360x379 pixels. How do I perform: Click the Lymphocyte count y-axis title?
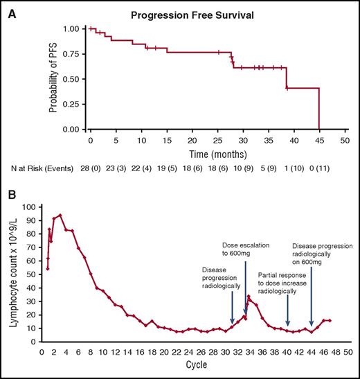tap(10, 270)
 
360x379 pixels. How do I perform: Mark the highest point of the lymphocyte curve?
tap(60, 215)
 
